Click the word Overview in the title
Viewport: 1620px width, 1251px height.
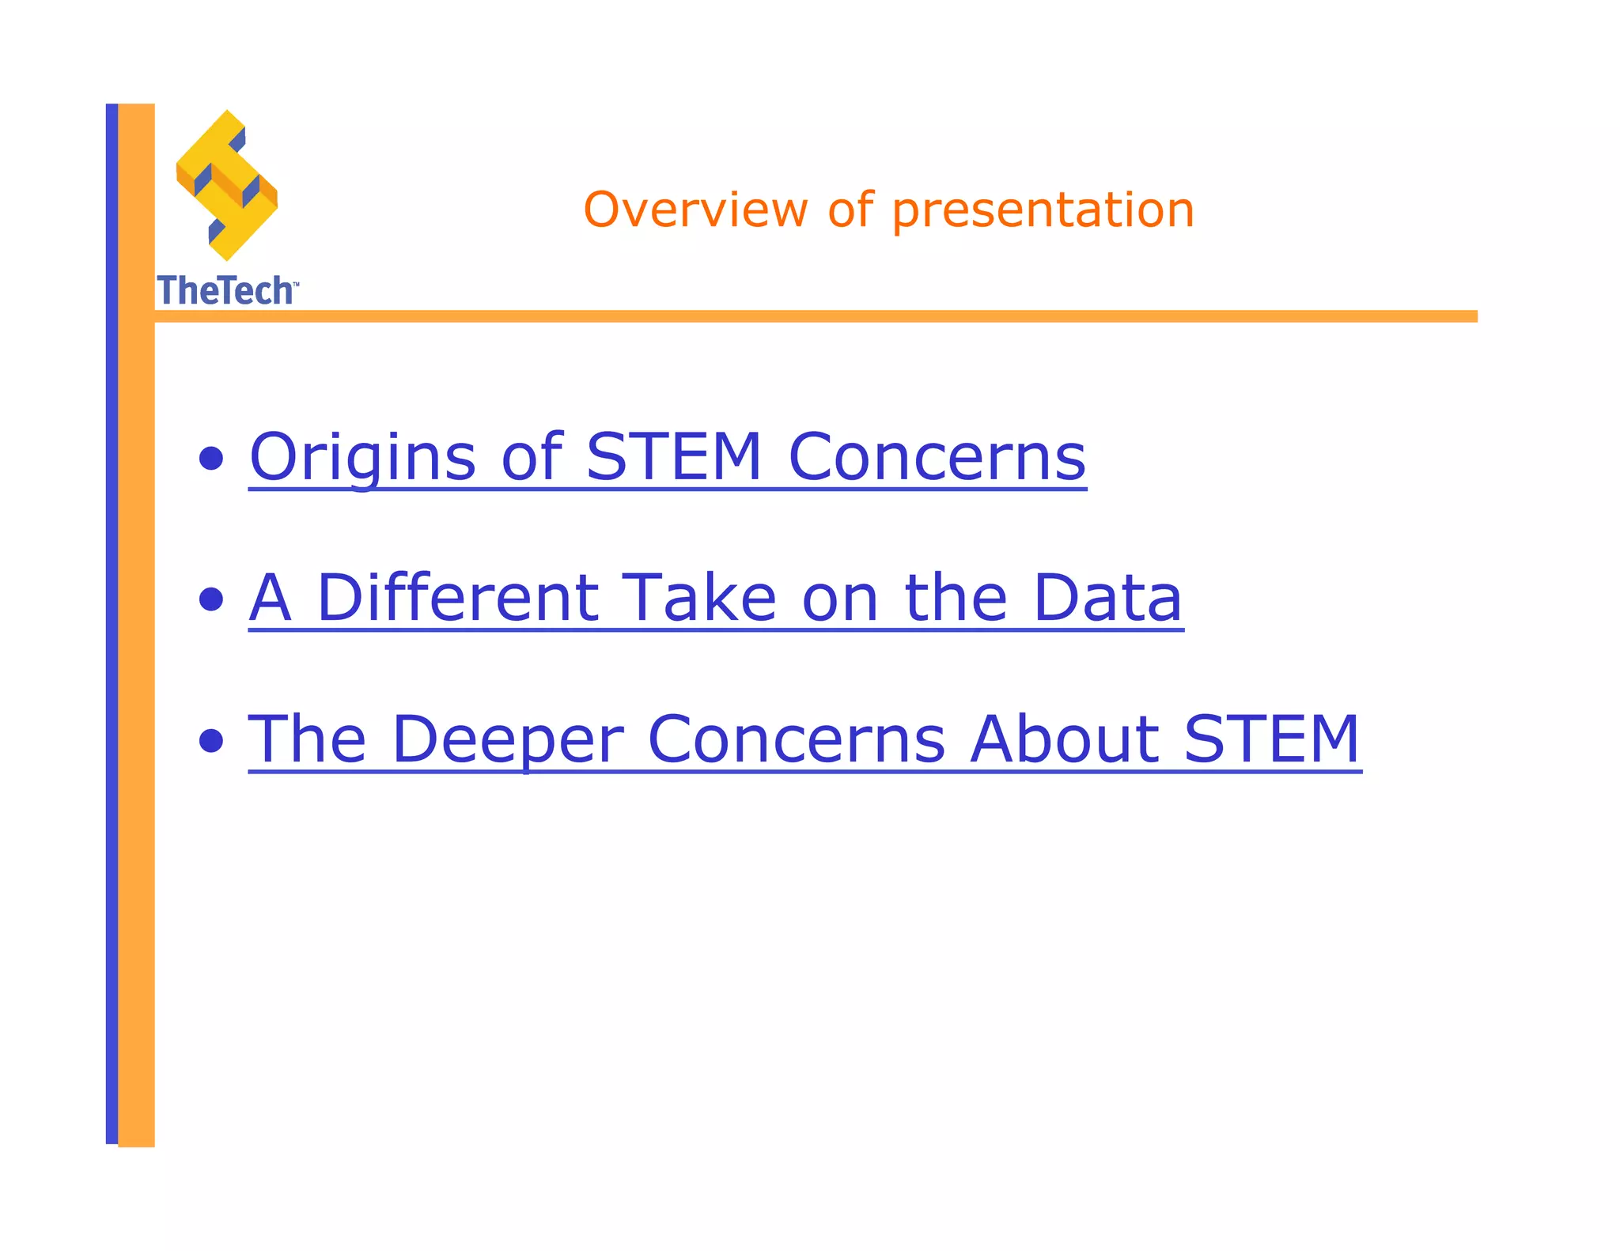pyautogui.click(x=695, y=210)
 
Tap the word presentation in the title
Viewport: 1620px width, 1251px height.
pyautogui.click(x=1043, y=212)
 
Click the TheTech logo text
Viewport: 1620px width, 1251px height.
pyautogui.click(x=225, y=290)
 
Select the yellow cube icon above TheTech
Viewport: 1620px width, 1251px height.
pyautogui.click(x=227, y=185)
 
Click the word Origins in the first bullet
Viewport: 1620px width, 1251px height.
pyautogui.click(x=362, y=457)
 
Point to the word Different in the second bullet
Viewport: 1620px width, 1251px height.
pyautogui.click(x=457, y=598)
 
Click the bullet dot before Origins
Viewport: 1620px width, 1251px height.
pyautogui.click(x=210, y=459)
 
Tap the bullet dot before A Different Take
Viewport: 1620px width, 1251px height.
pyautogui.click(x=210, y=599)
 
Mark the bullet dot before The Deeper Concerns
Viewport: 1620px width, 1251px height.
pyautogui.click(x=210, y=741)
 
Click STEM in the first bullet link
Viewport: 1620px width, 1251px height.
pyautogui.click(x=673, y=456)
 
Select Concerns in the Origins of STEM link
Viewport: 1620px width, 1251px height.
pyautogui.click(x=937, y=457)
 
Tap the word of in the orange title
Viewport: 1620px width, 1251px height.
pyautogui.click(x=850, y=210)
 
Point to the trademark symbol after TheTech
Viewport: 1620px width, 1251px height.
pyautogui.click(x=296, y=283)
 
